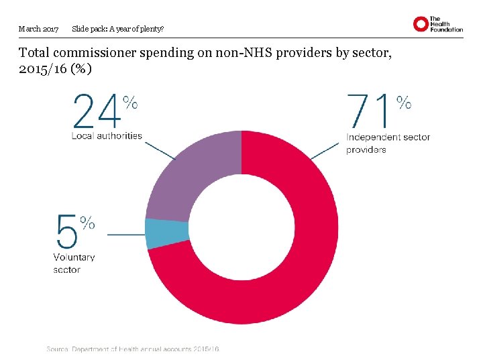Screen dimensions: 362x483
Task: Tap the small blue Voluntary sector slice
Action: pos(158,234)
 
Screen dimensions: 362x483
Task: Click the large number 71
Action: pos(368,111)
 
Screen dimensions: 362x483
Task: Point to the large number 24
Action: pos(97,111)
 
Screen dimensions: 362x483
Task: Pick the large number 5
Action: pos(66,231)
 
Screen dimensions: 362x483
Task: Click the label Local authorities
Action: pos(107,135)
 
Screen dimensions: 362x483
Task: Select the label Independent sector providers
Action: pos(388,143)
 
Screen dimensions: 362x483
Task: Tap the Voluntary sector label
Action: pos(74,263)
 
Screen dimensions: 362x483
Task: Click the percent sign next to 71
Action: pos(404,102)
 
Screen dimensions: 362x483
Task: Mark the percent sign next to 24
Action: pos(131,102)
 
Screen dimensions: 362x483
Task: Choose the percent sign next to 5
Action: pos(87,223)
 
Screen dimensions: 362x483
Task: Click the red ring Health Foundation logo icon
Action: pos(421,25)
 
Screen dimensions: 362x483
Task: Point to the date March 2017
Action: pos(38,29)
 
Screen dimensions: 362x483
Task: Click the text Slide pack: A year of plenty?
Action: pos(117,29)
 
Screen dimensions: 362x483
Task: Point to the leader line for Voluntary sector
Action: pos(125,235)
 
